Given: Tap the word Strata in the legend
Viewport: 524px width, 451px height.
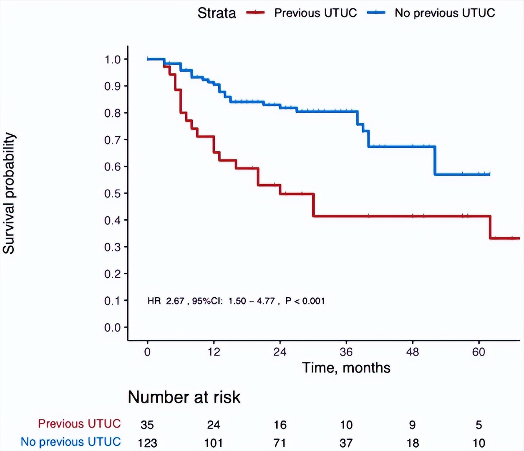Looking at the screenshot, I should tap(217, 13).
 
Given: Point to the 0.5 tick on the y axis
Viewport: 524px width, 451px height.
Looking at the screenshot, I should tap(113, 193).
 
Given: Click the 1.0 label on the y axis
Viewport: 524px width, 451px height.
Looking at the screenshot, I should tap(113, 59).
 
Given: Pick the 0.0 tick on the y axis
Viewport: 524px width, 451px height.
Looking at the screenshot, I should tap(113, 327).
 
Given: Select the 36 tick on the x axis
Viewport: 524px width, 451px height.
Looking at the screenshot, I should tap(346, 352).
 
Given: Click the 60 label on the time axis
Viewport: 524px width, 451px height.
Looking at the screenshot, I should tap(479, 352).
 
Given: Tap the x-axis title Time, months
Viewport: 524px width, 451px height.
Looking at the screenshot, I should tap(346, 368).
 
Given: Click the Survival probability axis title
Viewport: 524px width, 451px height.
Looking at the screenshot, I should tap(9, 193).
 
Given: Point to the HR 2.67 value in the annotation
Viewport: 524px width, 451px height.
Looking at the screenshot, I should tap(166, 301).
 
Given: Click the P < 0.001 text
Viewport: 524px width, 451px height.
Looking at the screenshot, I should tap(305, 301).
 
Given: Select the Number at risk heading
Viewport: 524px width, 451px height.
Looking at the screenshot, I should tap(184, 397).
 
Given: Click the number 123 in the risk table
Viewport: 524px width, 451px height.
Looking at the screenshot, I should tap(147, 443).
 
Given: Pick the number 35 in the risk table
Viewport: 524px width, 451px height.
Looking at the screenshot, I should tap(147, 425).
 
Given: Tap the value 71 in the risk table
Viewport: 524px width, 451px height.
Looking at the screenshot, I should tap(280, 443).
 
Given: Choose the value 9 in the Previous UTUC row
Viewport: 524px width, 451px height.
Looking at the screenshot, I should tap(412, 425).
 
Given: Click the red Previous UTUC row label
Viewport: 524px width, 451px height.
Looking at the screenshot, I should tap(79, 424).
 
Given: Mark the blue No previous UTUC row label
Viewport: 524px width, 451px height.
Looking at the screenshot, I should tap(71, 442).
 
